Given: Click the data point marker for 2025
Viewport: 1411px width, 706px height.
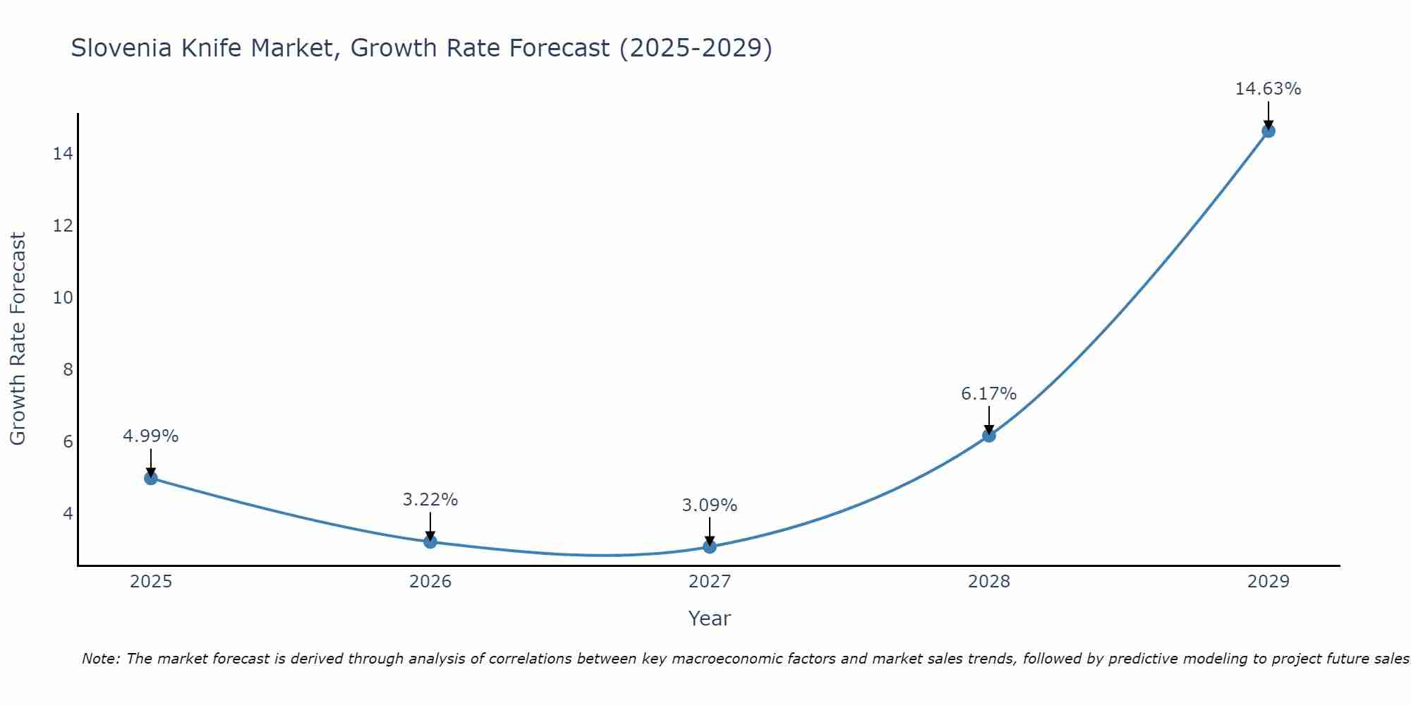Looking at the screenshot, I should coord(151,478).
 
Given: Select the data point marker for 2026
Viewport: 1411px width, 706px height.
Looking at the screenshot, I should coord(430,542).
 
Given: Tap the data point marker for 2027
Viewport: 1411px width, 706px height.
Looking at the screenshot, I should coord(710,546).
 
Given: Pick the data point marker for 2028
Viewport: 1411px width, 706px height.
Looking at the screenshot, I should coord(989,436).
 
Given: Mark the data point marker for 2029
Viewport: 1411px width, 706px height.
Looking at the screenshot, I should coord(1268,131).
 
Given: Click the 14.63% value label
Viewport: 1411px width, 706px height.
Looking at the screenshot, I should coord(1268,89).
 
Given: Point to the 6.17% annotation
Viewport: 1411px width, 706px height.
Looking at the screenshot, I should coord(988,394).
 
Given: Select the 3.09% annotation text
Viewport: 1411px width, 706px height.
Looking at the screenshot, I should coord(709,505).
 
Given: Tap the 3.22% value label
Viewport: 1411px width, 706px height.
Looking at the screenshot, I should coord(430,500).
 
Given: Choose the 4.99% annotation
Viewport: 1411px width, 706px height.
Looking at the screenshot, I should coord(150,436).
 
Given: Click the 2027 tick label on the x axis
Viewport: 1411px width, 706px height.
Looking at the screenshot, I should coord(710,582).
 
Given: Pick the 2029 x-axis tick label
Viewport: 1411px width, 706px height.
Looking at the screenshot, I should coord(1268,582).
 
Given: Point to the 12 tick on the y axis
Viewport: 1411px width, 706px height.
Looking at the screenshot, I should coord(63,226).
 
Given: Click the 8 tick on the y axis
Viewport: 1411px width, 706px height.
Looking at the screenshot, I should coord(68,369).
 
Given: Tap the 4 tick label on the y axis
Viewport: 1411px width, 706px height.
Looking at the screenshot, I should coord(68,513).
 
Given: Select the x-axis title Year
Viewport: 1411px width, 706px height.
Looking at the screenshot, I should coord(709,618).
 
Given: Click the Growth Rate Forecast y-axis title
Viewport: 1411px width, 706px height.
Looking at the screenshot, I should coord(18,339).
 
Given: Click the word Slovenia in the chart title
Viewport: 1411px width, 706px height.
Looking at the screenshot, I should coord(121,48).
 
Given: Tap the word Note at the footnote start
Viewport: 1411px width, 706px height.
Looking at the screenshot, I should coord(100,659).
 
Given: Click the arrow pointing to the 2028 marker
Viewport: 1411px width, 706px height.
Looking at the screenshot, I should coord(989,420).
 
